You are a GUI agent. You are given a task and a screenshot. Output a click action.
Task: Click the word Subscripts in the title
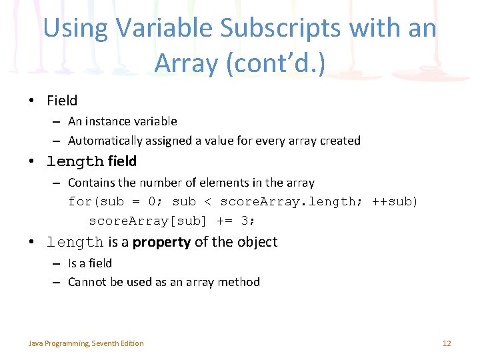(261, 28)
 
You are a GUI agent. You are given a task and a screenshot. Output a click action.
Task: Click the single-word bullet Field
(62, 101)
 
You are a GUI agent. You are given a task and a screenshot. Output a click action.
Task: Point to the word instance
(107, 121)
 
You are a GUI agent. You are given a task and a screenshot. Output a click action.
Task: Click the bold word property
(161, 242)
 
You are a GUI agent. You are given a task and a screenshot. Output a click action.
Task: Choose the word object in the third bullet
(257, 242)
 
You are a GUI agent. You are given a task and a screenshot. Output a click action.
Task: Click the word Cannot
(89, 282)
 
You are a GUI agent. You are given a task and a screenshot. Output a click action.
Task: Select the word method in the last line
(239, 282)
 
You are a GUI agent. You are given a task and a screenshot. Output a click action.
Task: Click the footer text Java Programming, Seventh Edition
(86, 343)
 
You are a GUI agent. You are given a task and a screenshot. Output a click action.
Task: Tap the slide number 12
(447, 343)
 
